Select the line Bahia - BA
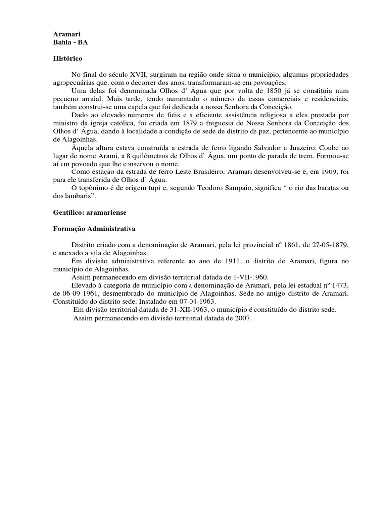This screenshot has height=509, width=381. (x=70, y=43)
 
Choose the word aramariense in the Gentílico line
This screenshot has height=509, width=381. (x=107, y=212)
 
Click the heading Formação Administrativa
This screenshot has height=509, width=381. (x=94, y=229)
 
